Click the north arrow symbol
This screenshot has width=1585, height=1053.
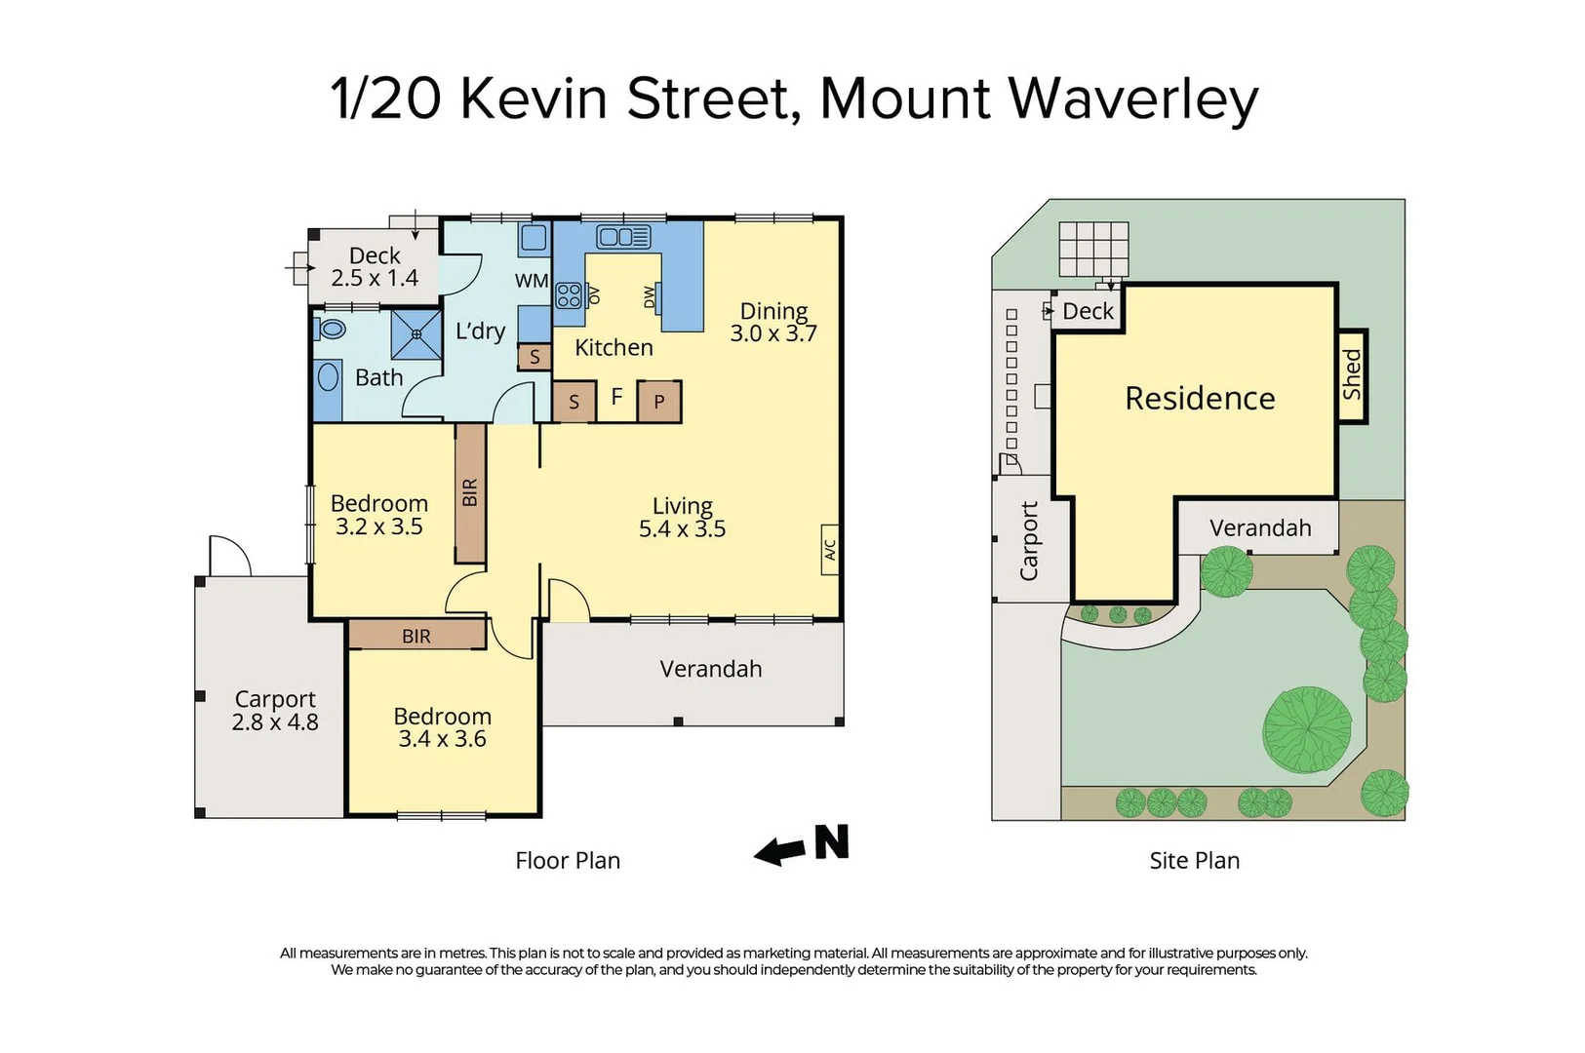[x=802, y=845]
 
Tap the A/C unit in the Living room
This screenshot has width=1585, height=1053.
[x=830, y=550]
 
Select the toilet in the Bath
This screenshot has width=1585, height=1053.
[x=332, y=329]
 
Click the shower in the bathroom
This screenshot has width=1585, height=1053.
[x=416, y=334]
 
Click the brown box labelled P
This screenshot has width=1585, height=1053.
[x=659, y=401]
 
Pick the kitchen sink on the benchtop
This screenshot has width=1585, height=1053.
[x=624, y=236]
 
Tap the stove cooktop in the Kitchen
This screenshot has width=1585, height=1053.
[x=569, y=294]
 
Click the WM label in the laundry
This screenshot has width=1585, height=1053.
[x=532, y=281]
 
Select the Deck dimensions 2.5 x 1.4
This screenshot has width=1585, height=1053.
[x=375, y=279]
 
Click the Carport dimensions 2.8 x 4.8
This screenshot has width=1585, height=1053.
[x=275, y=722]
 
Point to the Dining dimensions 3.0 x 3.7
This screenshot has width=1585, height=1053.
[x=773, y=333]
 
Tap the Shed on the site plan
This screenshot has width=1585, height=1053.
[x=1352, y=375]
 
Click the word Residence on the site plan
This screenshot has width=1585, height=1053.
[x=1200, y=398]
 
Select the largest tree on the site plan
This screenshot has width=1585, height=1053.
[x=1307, y=729]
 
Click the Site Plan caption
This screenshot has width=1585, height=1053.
[x=1194, y=860]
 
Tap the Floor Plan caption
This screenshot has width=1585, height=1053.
[x=568, y=860]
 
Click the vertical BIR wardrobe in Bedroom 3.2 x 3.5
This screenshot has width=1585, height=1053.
[x=470, y=492]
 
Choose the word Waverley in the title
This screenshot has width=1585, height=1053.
[x=1132, y=98]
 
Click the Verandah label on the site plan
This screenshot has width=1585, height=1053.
[x=1260, y=527]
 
